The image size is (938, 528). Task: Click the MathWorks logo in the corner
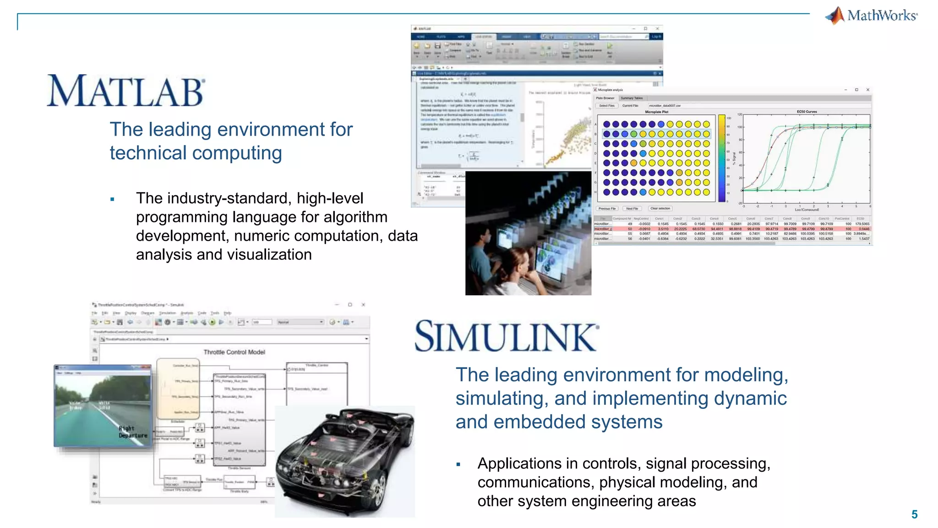pyautogui.click(x=872, y=16)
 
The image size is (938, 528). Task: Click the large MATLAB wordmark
pyautogui.click(x=125, y=91)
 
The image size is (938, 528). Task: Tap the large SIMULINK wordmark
pyautogui.click(x=506, y=336)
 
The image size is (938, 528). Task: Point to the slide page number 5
pyautogui.click(x=914, y=514)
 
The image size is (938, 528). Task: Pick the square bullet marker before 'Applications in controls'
pyautogui.click(x=458, y=465)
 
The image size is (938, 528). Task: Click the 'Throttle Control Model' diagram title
pyautogui.click(x=234, y=352)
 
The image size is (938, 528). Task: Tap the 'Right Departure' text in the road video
pyautogui.click(x=133, y=432)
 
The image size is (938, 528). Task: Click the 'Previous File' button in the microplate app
pyautogui.click(x=607, y=209)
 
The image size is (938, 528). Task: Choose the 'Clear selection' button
pyautogui.click(x=660, y=209)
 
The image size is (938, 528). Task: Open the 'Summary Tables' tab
pyautogui.click(x=632, y=98)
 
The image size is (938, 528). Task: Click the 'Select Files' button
pyautogui.click(x=607, y=106)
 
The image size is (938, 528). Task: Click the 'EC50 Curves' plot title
pyautogui.click(x=807, y=111)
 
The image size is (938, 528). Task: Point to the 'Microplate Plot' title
pyautogui.click(x=656, y=112)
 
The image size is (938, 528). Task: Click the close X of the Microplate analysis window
pyautogui.click(x=867, y=90)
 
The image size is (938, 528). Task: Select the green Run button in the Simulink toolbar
pyautogui.click(x=212, y=322)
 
